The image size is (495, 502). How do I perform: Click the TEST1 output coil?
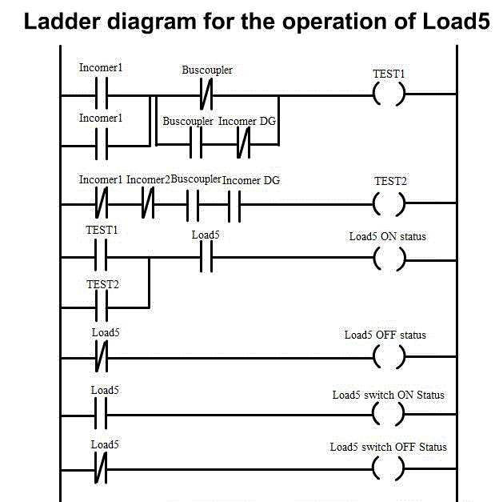pos(389,94)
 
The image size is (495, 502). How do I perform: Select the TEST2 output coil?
pos(389,204)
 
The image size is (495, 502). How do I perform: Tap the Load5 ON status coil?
pos(389,258)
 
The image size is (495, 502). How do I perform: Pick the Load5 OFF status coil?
pos(389,356)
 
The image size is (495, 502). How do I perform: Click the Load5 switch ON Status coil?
pos(389,416)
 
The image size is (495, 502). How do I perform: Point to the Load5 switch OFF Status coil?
pos(389,467)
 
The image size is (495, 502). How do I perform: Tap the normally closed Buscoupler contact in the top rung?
pos(206,94)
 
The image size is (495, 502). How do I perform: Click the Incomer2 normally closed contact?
pos(147,204)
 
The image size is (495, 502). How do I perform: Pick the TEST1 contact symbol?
pos(101,258)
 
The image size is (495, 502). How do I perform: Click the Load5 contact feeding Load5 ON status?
pos(205,258)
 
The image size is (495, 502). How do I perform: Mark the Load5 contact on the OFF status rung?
pos(101,356)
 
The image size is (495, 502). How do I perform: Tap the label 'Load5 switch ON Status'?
pos(389,395)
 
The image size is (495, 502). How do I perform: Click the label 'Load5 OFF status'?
pos(385,335)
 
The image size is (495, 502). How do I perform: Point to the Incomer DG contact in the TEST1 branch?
pos(244,146)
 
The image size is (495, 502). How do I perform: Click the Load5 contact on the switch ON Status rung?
pos(101,416)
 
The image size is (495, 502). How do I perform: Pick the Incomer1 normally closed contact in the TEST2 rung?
pos(101,204)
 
